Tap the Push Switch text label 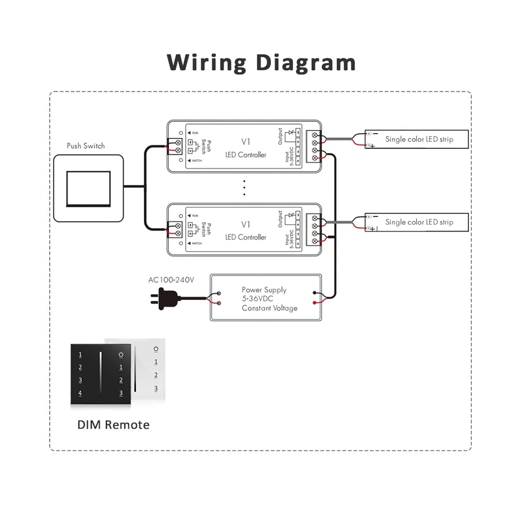[86, 146]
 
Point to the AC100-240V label [171, 280]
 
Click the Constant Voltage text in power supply [269, 308]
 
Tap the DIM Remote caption [113, 425]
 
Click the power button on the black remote [121, 355]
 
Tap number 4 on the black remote [80, 393]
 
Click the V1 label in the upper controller [246, 142]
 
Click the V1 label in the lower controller [246, 224]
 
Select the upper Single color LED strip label [419, 139]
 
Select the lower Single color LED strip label [419, 222]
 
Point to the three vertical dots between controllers [244, 188]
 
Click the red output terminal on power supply [315, 303]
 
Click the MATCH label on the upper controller [197, 160]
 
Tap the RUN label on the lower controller [195, 216]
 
